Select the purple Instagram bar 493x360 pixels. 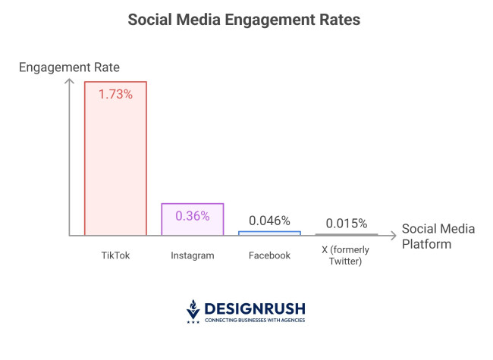coord(193,219)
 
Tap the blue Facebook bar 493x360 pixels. coord(269,233)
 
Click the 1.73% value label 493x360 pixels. coord(115,95)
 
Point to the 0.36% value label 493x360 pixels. coord(193,215)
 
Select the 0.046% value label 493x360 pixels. coord(269,221)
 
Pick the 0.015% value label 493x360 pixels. coord(347,224)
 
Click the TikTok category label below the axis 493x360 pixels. coord(115,255)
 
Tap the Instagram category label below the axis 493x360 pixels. coord(193,255)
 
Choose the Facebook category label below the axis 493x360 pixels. coord(269,255)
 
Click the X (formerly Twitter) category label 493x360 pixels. coord(345,255)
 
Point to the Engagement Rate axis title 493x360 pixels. coord(69,67)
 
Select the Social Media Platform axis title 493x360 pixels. coord(437,236)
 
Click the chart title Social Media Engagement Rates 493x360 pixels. coord(243,20)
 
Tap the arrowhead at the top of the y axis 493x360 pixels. coord(70,82)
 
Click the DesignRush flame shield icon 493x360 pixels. coord(193,311)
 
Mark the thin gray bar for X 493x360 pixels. coord(347,235)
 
